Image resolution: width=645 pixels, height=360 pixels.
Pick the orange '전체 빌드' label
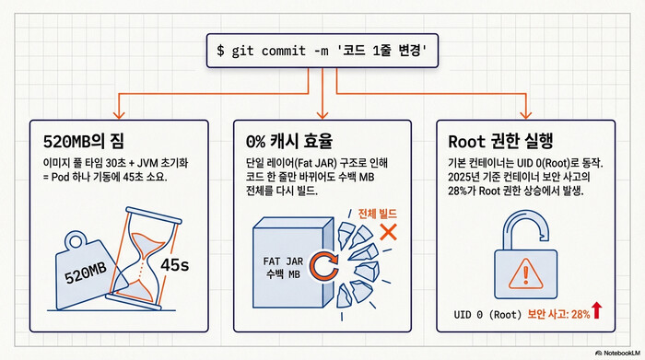coord(378,212)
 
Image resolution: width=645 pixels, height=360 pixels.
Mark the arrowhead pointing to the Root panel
coord(524,114)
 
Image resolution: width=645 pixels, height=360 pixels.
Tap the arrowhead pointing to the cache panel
coord(322,114)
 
